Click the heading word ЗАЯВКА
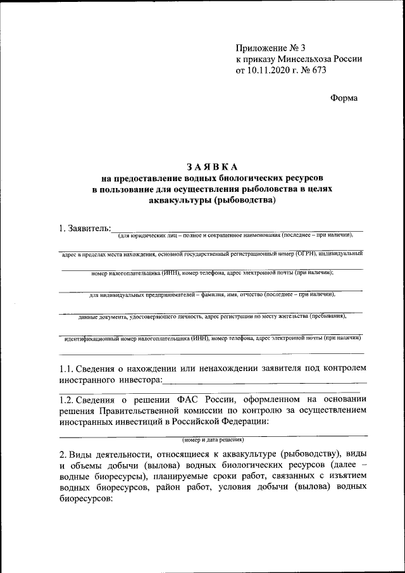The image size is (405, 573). pos(212,167)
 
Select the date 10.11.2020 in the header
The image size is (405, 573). pos(270,70)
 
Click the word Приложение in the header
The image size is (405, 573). pos(260,47)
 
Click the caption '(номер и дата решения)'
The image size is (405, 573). pos(213,439)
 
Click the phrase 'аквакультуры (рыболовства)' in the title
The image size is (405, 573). pos(212,201)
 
